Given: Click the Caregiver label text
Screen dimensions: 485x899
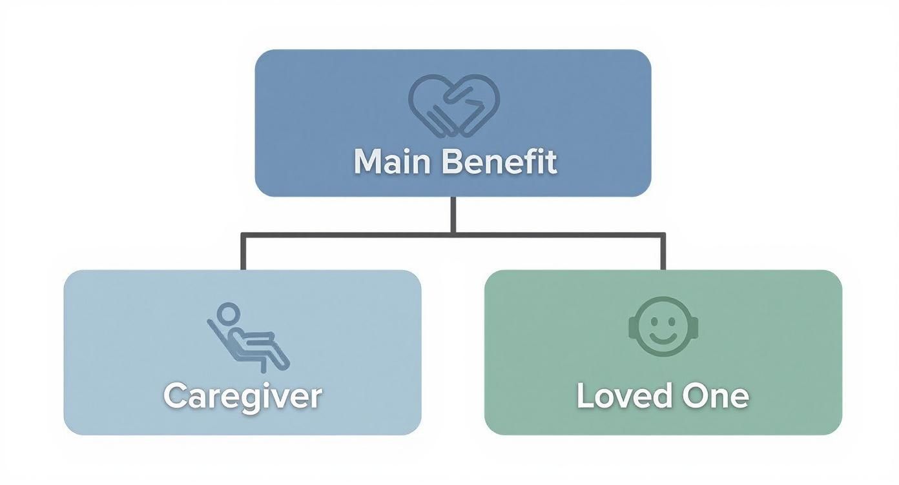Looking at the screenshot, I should pos(242,395).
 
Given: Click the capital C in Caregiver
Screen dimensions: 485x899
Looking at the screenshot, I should pos(176,395).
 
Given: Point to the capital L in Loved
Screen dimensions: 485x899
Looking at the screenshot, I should pos(584,395).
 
